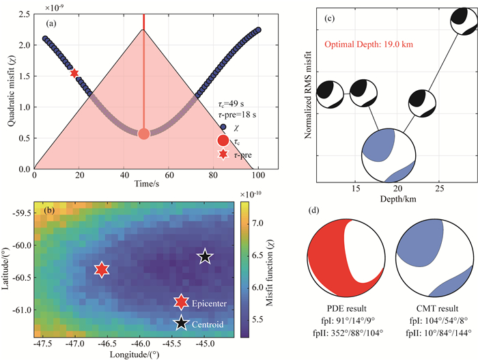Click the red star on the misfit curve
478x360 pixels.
pyautogui.click(x=74, y=73)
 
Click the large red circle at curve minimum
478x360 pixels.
pyautogui.click(x=143, y=134)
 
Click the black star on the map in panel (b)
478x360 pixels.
pyautogui.click(x=206, y=257)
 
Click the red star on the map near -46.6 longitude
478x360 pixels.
pyautogui.click(x=102, y=270)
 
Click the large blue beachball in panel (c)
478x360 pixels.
pyautogui.click(x=389, y=151)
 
